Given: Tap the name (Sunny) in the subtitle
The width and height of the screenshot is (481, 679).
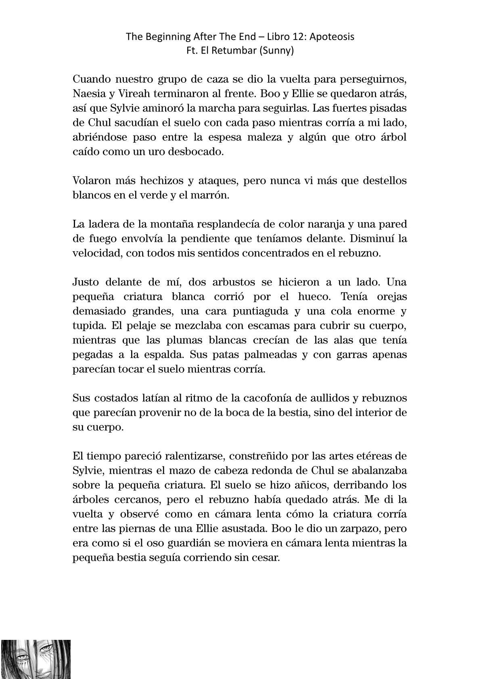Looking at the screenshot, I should coord(279,51).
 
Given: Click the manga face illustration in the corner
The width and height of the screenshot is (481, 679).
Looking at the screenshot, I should coord(36,659).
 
